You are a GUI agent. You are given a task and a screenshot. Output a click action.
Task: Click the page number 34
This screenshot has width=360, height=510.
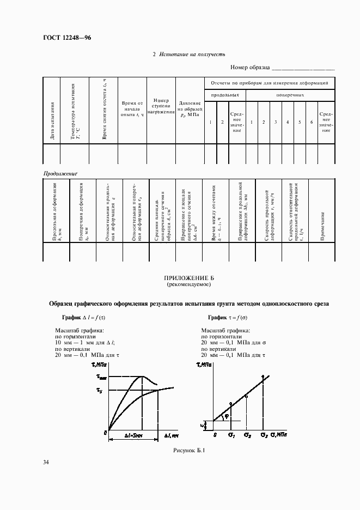tap(46, 463)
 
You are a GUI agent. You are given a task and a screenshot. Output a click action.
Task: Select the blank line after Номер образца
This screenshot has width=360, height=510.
tap(303, 68)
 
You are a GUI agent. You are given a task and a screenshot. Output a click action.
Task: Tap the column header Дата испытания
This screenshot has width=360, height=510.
tap(52, 120)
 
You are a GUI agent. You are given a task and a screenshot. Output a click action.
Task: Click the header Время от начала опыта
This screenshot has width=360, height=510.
tap(132, 108)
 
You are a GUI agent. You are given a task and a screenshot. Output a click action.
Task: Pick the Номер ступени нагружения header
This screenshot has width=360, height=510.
tap(162, 107)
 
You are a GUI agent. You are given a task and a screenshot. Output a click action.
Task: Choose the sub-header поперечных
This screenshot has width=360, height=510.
tap(290, 95)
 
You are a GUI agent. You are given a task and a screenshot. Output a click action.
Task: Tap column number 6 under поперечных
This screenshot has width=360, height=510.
tap(311, 122)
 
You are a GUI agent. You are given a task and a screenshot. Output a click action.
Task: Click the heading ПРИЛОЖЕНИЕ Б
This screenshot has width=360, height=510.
tap(188, 277)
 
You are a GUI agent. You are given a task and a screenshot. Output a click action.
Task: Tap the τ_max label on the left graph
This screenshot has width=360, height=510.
tap(101, 377)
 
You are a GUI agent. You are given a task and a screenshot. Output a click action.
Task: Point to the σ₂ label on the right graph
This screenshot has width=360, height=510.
tap(247, 435)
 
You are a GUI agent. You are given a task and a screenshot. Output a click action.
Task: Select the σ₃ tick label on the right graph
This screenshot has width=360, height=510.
tap(264, 435)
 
